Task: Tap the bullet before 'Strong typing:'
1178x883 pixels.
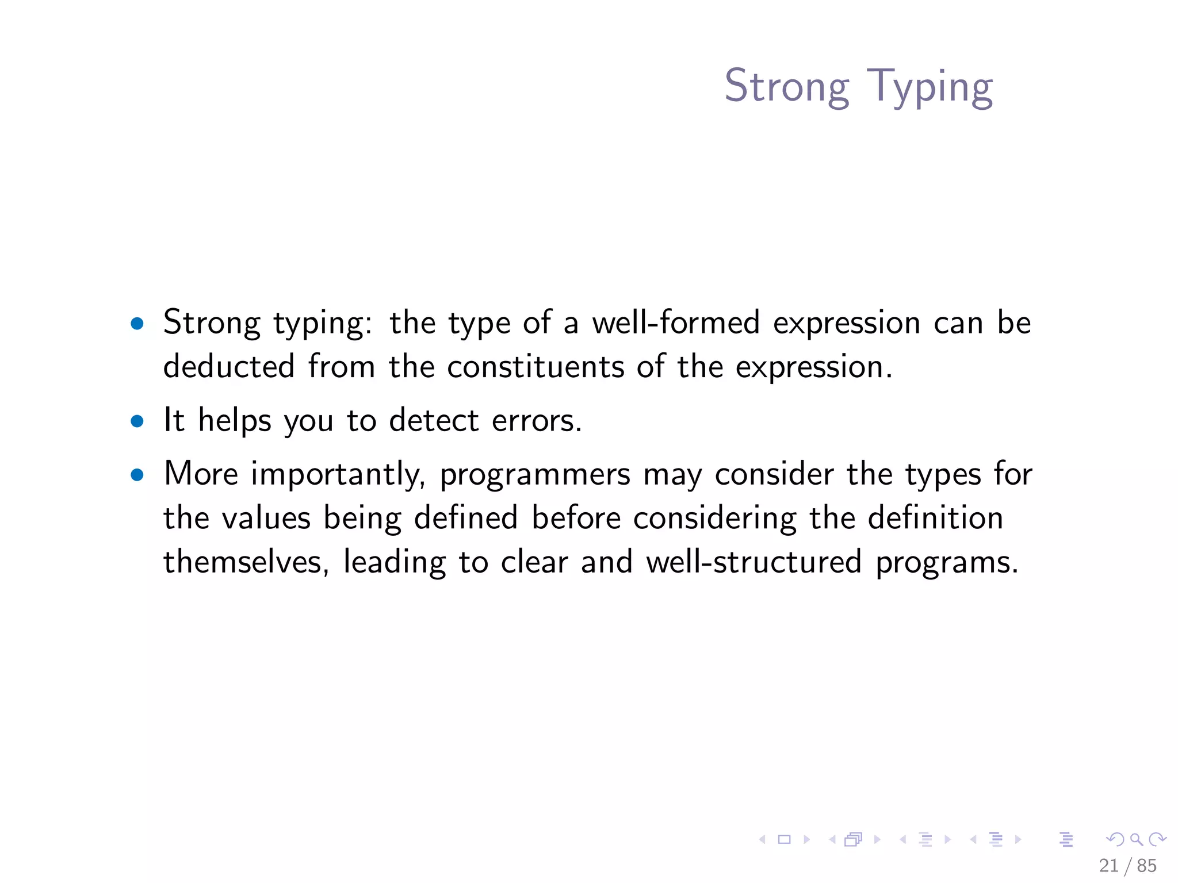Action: (x=137, y=323)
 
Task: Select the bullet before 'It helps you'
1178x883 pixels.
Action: (x=137, y=421)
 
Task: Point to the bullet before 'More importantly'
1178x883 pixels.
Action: (x=137, y=475)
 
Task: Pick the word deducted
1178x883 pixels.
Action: (x=229, y=366)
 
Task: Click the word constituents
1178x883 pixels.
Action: (x=536, y=366)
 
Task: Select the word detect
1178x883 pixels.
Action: (x=434, y=420)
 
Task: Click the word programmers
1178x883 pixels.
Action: (x=535, y=475)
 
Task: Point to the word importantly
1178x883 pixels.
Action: (x=338, y=475)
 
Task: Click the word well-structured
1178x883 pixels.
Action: (x=754, y=562)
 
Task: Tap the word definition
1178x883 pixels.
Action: (x=935, y=517)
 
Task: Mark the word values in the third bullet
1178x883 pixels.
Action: (x=266, y=517)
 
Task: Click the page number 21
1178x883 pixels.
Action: (x=1108, y=865)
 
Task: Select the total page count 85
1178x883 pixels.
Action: (x=1146, y=865)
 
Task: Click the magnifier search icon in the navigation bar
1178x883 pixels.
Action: (x=1136, y=839)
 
